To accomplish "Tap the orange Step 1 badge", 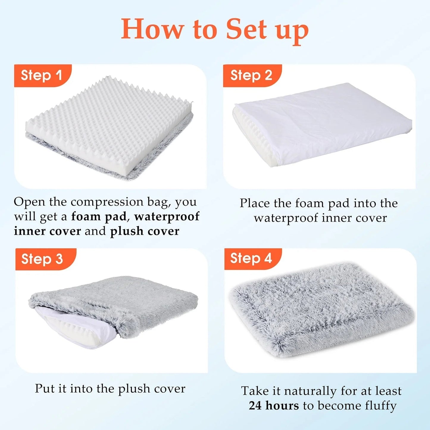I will (42, 75).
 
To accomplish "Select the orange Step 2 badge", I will (251, 75).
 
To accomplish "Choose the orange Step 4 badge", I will (251, 258).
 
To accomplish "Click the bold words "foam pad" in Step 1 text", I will (99, 216).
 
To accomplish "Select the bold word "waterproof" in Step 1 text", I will (167, 216).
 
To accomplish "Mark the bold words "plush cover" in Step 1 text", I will (145, 231).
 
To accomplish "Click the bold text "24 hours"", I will (274, 406).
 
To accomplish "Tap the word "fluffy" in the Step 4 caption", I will (381, 406).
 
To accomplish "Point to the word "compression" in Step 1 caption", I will (107, 202).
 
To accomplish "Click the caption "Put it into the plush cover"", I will (110, 389).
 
